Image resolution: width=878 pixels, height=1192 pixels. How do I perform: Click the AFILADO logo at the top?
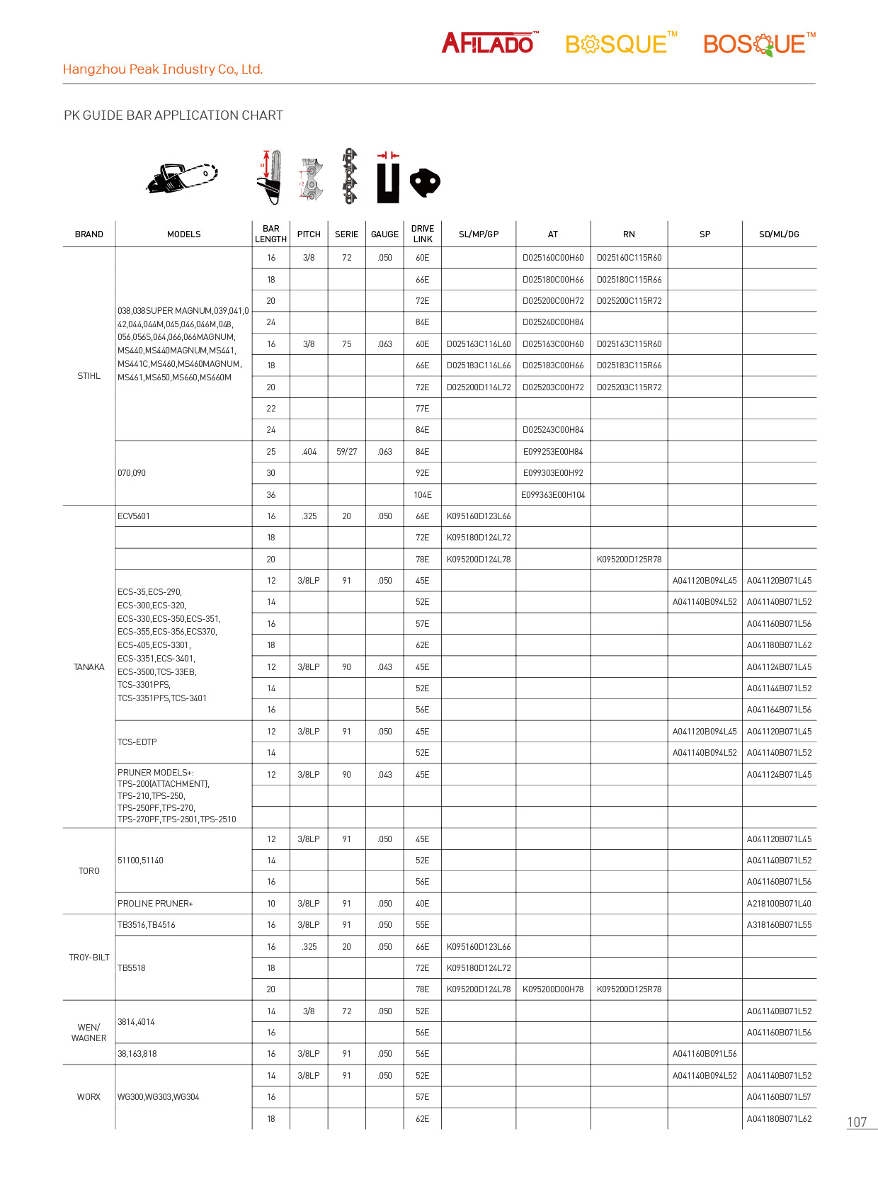point(489,43)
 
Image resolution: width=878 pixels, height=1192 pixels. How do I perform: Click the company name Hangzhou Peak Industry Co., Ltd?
point(163,69)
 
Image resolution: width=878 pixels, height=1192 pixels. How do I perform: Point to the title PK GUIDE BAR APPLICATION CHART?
point(173,115)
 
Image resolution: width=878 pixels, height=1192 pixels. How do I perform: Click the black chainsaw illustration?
point(182,177)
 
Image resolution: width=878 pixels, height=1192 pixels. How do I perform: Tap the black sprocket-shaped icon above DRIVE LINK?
point(425,182)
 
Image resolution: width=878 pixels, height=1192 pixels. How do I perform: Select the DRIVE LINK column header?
point(423,234)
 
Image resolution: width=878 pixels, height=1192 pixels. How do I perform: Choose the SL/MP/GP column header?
point(479,234)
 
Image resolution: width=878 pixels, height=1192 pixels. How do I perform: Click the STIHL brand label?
point(89,376)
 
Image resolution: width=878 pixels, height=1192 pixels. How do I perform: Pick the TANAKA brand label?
point(89,667)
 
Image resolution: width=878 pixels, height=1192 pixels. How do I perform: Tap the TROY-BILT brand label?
point(89,958)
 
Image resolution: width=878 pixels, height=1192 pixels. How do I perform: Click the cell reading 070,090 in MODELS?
point(132,473)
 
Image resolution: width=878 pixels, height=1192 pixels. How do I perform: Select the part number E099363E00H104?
point(553,495)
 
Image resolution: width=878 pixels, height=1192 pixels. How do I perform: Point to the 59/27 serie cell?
point(347,452)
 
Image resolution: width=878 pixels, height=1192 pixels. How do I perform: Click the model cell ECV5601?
point(134,516)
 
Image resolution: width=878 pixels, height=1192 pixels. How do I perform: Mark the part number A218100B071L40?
point(779,904)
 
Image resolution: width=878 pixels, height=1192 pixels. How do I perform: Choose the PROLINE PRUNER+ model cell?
point(155,904)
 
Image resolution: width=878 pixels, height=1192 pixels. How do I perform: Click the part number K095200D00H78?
point(553,989)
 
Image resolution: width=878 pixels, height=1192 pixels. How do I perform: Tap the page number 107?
point(857,1122)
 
